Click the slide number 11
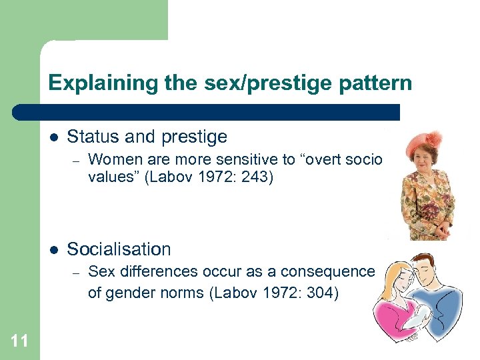[19, 341]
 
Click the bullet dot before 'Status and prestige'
[53, 137]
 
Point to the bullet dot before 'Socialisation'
[53, 249]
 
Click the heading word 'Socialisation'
[119, 249]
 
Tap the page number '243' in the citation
[255, 178]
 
